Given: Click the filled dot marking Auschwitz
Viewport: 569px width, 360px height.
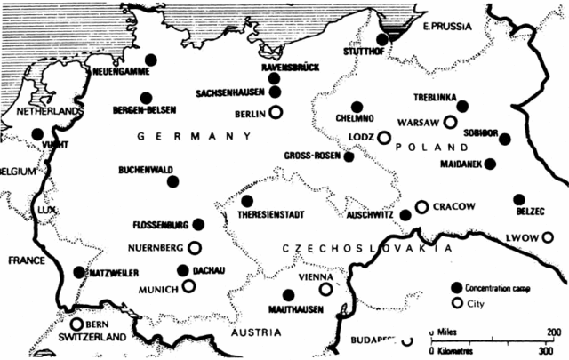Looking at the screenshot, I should coord(405,214).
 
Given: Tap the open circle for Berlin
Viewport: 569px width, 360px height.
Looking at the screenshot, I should coord(276,112).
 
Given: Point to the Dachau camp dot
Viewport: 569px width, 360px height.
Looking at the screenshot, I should coord(183,270).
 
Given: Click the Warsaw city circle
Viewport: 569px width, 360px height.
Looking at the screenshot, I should coord(451,122).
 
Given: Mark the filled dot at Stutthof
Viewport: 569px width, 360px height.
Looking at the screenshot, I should coord(382,39).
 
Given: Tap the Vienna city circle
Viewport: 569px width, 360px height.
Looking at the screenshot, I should coord(326,288).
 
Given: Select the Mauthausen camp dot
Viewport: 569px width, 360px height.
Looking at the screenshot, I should coord(288,294).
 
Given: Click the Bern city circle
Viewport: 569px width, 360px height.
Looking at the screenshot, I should coord(77,324).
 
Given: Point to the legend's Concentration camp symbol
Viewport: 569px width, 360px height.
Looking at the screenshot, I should coord(457,287).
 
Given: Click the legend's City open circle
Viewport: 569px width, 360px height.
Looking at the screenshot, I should coord(457,302).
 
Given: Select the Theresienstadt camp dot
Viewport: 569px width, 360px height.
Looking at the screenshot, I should coord(247,201).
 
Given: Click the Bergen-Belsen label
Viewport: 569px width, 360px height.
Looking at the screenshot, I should coord(145,110).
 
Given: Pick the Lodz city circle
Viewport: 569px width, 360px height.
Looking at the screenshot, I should coord(384,138).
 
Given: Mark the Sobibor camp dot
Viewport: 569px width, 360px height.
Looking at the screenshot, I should coord(505,139).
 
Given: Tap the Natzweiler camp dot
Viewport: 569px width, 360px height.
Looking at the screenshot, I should coord(79,272).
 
